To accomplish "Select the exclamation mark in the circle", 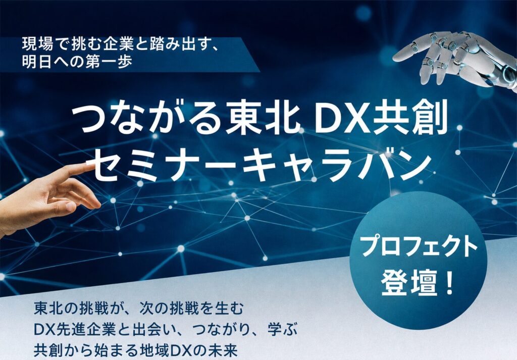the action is (x=448, y=283).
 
